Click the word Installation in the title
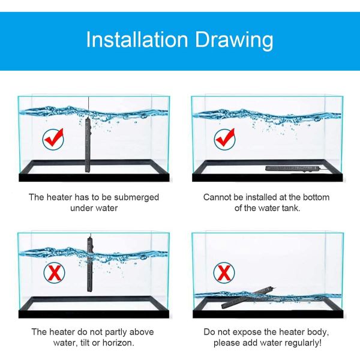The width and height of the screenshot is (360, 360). pyautogui.click(x=137, y=39)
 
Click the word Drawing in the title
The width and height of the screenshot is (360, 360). pyautogui.click(x=234, y=41)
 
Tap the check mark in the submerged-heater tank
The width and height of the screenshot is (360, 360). pyautogui.click(x=53, y=139)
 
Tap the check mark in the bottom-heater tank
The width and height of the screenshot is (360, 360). pyautogui.click(x=225, y=139)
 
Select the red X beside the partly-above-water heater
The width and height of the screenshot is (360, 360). pyautogui.click(x=54, y=273)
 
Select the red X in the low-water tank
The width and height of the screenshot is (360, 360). pyautogui.click(x=224, y=273)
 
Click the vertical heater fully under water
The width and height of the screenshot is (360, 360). pyautogui.click(x=88, y=146)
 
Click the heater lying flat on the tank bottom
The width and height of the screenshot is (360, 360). pyautogui.click(x=292, y=169)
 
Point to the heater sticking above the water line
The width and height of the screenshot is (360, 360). pyautogui.click(x=89, y=265)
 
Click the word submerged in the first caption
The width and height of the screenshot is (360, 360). pyautogui.click(x=136, y=197)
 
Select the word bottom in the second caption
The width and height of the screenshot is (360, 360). pyautogui.click(x=316, y=197)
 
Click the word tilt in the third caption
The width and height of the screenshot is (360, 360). pyautogui.click(x=85, y=343)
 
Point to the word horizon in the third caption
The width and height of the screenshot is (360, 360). pyautogui.click(x=118, y=343)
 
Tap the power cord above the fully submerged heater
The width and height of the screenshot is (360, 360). pyautogui.click(x=88, y=107)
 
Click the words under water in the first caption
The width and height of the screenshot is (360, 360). pyautogui.click(x=94, y=208)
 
